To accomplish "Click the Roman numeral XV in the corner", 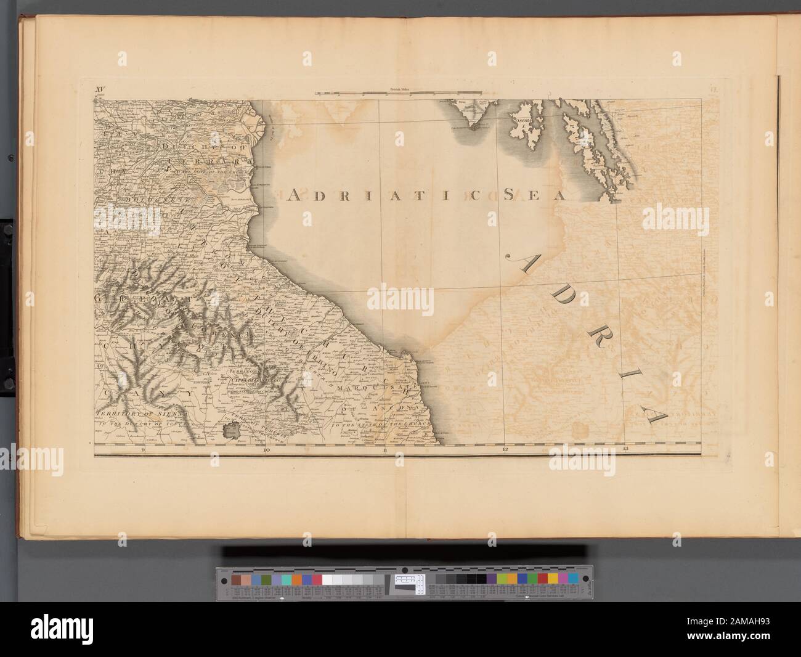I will (102, 90).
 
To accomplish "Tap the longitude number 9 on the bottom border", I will (143, 451).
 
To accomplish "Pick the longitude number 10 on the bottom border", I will (266, 451).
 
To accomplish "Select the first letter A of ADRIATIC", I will (295, 195).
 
